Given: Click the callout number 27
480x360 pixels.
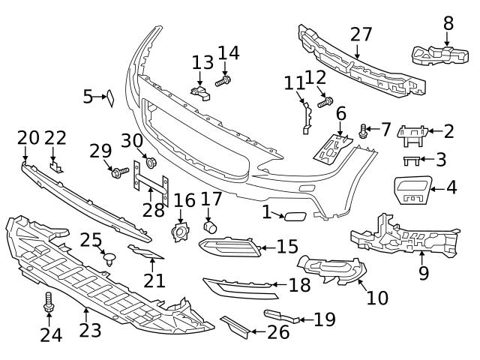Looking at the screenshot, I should click(361, 34).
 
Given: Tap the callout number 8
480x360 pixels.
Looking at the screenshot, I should click(448, 22).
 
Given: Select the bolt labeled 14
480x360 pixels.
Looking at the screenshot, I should click(223, 80).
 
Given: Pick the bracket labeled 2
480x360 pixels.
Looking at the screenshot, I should click(412, 135).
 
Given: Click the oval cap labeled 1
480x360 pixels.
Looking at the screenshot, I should click(291, 216).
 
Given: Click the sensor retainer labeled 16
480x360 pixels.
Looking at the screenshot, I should click(181, 233).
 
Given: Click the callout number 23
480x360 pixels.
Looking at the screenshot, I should click(90, 330).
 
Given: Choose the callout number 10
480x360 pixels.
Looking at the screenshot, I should click(377, 298).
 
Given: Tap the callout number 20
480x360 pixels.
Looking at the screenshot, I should click(28, 137).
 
